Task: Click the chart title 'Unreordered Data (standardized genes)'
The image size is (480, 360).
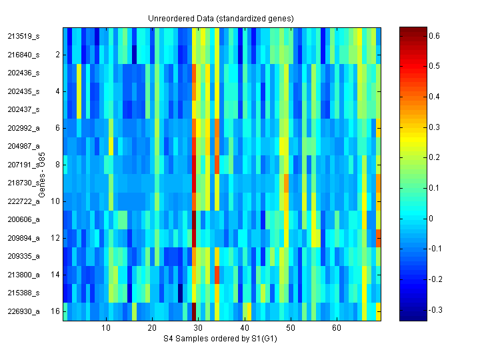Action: coord(221,18)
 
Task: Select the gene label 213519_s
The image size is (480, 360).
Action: coord(23,36)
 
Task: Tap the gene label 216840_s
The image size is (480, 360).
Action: coord(23,55)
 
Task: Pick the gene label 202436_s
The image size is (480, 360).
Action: coord(23,73)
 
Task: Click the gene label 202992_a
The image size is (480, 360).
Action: coord(23,127)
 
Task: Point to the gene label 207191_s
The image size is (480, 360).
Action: coord(23,164)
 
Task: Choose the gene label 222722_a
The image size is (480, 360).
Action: coord(23,201)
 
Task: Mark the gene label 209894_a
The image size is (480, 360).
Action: coord(23,237)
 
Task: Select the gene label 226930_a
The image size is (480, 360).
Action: coord(23,311)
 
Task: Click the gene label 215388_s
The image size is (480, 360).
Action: coord(23,293)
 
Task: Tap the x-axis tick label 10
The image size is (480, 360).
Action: coord(105,329)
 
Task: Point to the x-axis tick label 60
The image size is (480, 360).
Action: coord(336,329)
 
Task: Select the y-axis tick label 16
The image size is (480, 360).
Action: coord(56,311)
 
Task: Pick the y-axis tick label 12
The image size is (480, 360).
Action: coord(56,237)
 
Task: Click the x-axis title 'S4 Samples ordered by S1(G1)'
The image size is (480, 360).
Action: coord(221,339)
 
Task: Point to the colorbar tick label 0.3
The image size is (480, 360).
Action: coord(433,127)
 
